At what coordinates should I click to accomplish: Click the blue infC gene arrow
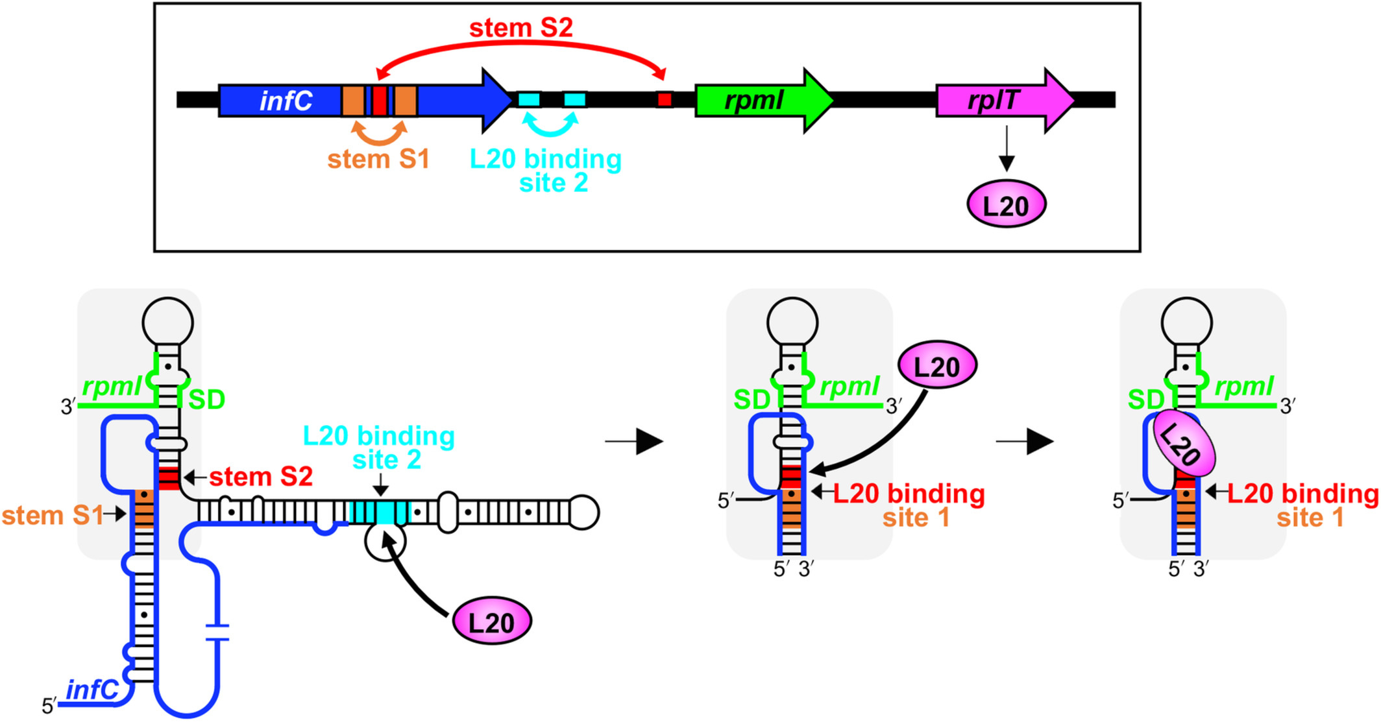tap(286, 101)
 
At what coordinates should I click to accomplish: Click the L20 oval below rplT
tap(1006, 205)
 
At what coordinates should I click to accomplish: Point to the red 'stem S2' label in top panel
tap(520, 28)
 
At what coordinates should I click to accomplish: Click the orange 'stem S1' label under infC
tap(378, 160)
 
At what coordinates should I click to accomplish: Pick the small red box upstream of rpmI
tap(664, 100)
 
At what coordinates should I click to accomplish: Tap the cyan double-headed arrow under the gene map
tap(550, 126)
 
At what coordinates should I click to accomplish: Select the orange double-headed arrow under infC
tap(379, 133)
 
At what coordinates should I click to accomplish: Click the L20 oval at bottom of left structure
tap(491, 622)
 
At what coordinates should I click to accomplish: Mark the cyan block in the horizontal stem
tap(380, 512)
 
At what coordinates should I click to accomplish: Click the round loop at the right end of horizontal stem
tap(583, 512)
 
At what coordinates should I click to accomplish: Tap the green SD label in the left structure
tap(207, 400)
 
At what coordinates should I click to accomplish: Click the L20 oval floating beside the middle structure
tap(936, 366)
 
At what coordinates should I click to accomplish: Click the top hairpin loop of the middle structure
tap(792, 322)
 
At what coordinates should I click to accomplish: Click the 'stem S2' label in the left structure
tap(261, 477)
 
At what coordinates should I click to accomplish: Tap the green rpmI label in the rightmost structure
tap(1244, 387)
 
